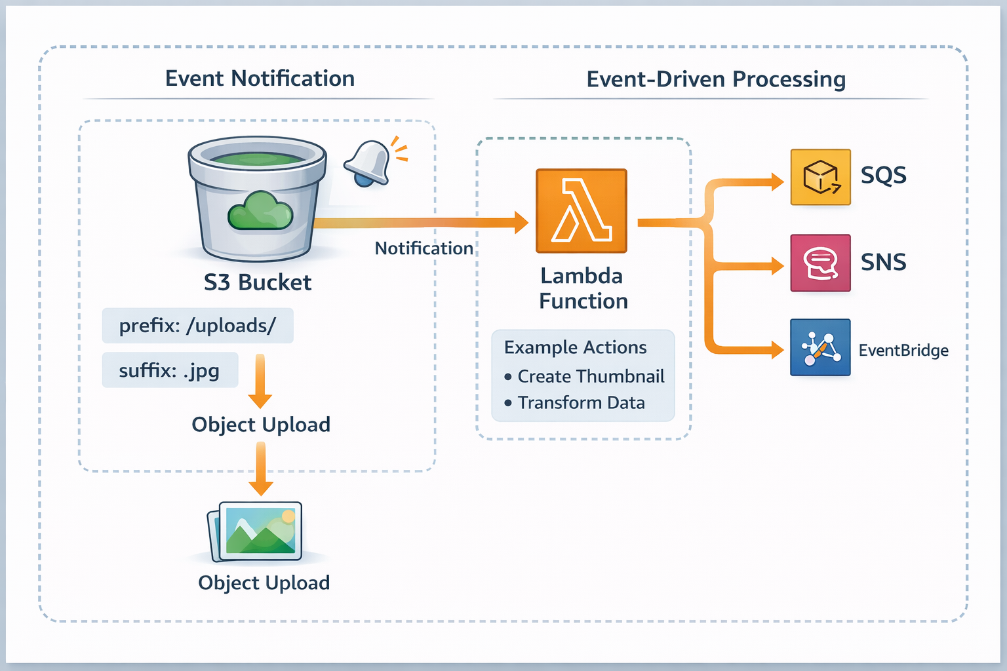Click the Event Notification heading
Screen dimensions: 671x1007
pyautogui.click(x=260, y=79)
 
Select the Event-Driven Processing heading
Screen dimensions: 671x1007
pyautogui.click(x=715, y=79)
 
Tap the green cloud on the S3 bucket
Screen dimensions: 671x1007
pyautogui.click(x=260, y=210)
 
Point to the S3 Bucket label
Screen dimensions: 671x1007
pyautogui.click(x=258, y=282)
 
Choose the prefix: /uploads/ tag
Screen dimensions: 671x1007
pyautogui.click(x=197, y=326)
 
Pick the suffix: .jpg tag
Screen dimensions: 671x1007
pyautogui.click(x=170, y=371)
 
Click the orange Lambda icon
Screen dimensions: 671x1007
pyautogui.click(x=581, y=211)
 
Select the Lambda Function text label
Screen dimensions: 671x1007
pyautogui.click(x=583, y=288)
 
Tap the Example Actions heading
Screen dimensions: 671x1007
pyautogui.click(x=575, y=347)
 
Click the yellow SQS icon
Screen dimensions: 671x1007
pyautogui.click(x=820, y=177)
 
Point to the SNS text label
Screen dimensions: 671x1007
pyautogui.click(x=883, y=262)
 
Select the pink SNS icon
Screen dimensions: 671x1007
pyautogui.click(x=820, y=263)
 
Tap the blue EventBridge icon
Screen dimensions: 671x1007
pyautogui.click(x=820, y=347)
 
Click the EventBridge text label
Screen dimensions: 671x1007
pyautogui.click(x=903, y=351)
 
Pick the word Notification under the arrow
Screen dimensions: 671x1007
pyautogui.click(x=424, y=248)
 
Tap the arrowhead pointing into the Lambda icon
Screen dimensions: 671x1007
pyautogui.click(x=521, y=223)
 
